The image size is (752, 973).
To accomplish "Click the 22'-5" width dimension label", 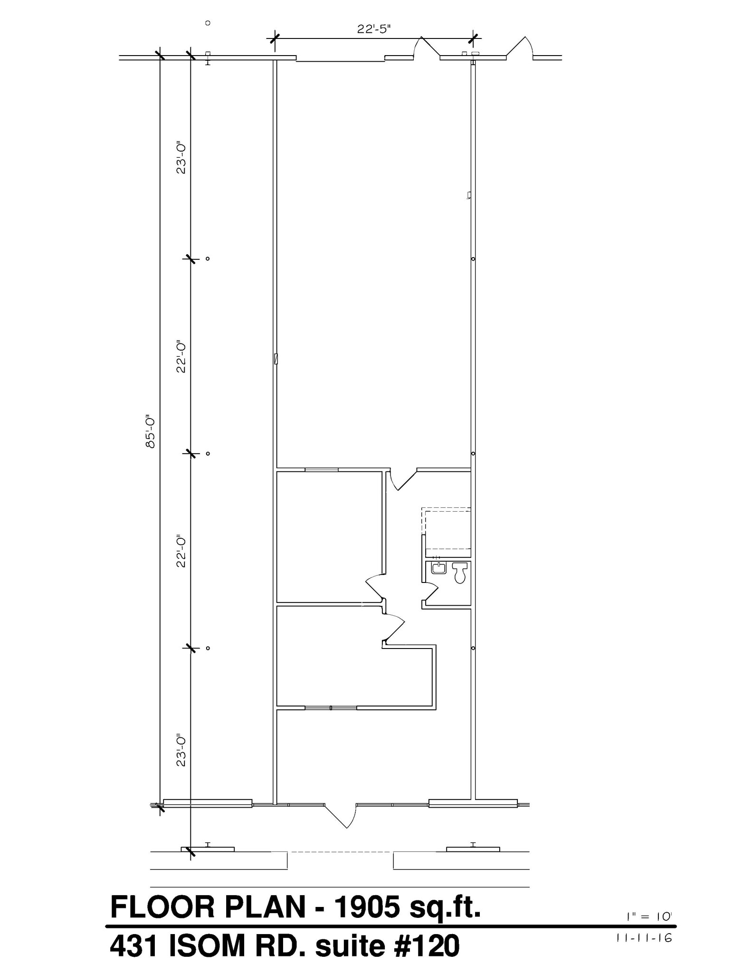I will (x=374, y=29).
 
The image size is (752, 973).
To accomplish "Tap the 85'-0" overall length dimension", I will (x=151, y=432).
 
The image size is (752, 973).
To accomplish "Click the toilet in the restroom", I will (x=460, y=572).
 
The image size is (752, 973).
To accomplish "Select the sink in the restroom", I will (x=438, y=568).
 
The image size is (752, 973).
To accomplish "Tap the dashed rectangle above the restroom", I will (x=446, y=528).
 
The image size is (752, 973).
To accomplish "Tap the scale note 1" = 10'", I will (x=649, y=917).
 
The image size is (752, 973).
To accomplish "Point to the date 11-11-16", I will (x=644, y=938).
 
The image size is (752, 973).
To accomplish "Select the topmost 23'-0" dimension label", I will (x=181, y=157).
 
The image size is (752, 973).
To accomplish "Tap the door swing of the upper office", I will (x=374, y=586).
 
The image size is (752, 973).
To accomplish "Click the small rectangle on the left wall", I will (x=276, y=359).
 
